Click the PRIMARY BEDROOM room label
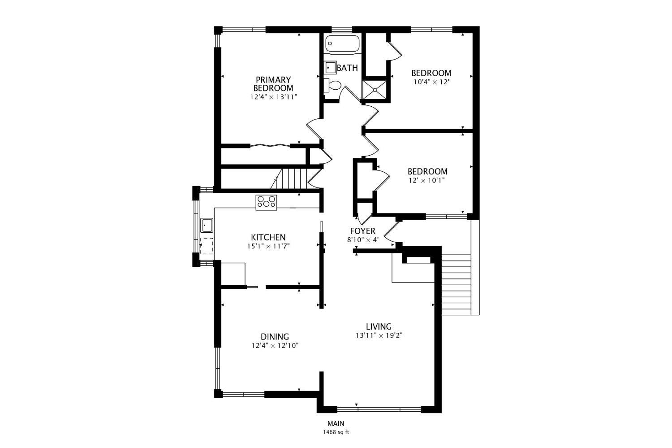[x=273, y=84]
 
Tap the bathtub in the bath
[x=342, y=43]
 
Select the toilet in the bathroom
[x=332, y=85]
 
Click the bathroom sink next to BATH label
[x=331, y=67]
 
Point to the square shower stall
[x=375, y=90]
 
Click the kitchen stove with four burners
[x=266, y=202]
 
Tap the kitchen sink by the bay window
[x=207, y=225]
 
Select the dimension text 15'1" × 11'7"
[x=268, y=246]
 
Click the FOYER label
[x=363, y=231]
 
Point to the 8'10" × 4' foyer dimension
[x=363, y=240]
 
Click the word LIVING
[x=379, y=326]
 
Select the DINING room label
[x=275, y=337]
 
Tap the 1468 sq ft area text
[x=336, y=432]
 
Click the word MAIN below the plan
[x=336, y=423]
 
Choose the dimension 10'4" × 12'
[x=431, y=82]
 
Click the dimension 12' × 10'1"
[x=426, y=180]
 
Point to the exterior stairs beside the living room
[x=456, y=284]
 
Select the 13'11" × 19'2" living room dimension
[x=379, y=335]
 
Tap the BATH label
[x=347, y=68]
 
